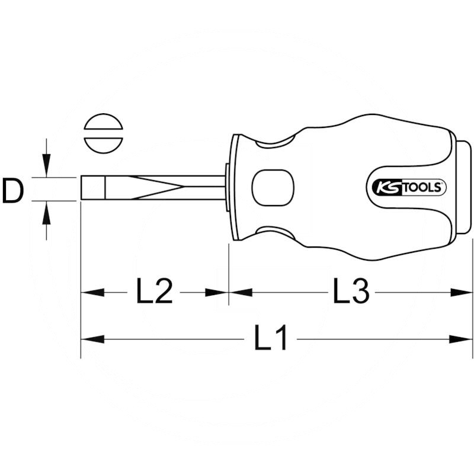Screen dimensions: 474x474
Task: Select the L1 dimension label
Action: pyautogui.click(x=271, y=339)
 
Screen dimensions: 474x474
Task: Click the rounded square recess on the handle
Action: pyautogui.click(x=273, y=189)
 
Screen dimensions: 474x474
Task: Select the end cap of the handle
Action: pyautogui.click(x=463, y=189)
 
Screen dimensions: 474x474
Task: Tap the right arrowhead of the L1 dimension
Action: pyautogui.click(x=462, y=339)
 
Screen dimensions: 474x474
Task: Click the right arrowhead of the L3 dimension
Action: pyautogui.click(x=462, y=292)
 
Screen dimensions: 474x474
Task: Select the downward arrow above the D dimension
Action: pyautogui.click(x=47, y=166)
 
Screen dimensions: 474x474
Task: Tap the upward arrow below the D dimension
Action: pyautogui.click(x=47, y=212)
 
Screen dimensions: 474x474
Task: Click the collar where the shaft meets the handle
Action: pyautogui.click(x=226, y=188)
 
